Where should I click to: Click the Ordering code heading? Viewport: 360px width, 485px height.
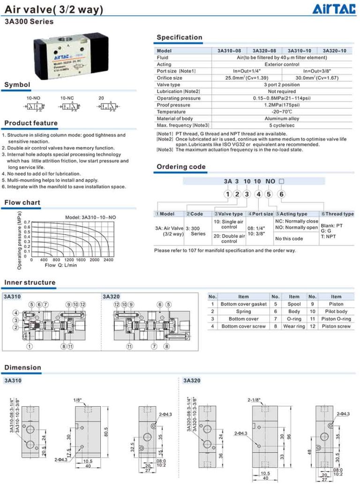click(x=181, y=167)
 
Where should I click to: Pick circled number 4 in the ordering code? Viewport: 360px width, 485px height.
click(x=257, y=194)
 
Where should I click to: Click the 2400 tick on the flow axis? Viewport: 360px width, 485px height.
click(x=108, y=260)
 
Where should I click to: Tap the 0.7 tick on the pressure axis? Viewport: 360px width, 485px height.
click(x=27, y=223)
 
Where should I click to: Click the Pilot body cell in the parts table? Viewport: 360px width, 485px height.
click(x=336, y=311)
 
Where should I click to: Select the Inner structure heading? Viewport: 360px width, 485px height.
click(x=30, y=283)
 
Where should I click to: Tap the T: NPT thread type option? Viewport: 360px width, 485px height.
click(x=329, y=237)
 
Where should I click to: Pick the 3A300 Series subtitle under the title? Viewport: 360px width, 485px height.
click(x=29, y=21)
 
